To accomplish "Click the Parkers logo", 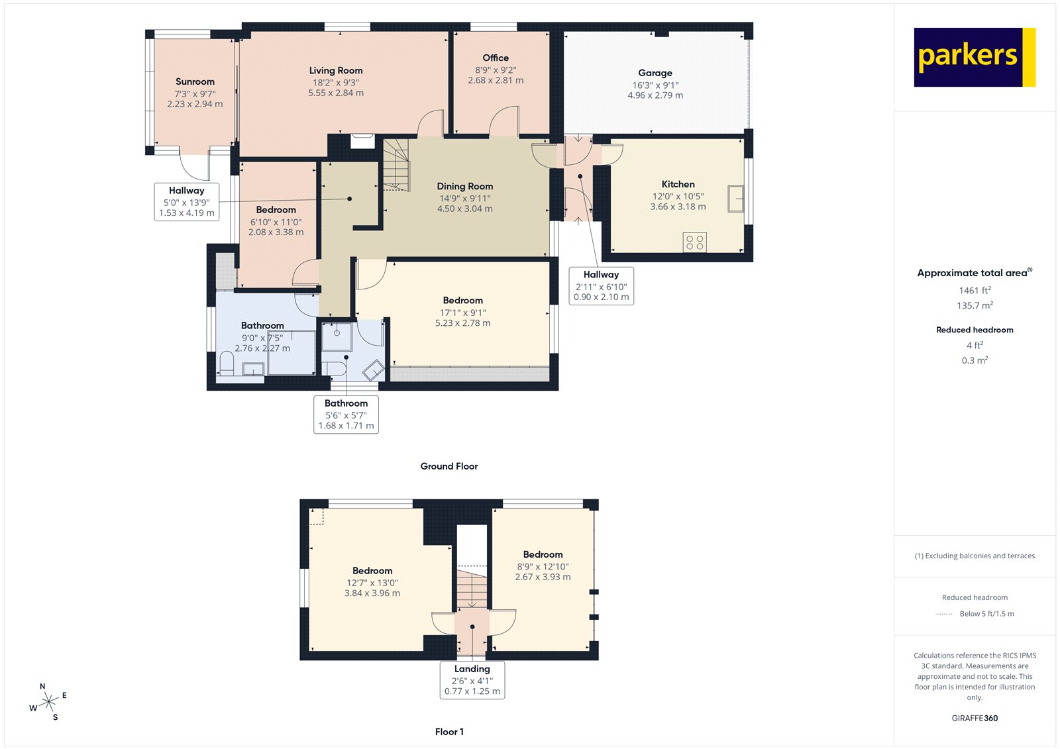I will point(974,57).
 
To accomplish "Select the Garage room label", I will point(655,73).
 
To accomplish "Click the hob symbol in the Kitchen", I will point(695,242).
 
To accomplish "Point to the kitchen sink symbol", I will point(735,199).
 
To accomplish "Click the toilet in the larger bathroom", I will point(227,364).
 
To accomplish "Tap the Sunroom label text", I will point(195,81).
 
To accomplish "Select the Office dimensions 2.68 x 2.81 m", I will point(496,80).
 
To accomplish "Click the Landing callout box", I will point(472,679).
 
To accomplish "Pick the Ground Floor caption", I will point(449,466).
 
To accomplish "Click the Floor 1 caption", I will point(449,732).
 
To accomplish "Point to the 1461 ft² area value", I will point(975,290).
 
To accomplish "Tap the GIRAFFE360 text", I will point(975,718).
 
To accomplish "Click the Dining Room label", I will point(464,186).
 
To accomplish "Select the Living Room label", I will point(336,70).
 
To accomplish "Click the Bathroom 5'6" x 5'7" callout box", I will point(346,414).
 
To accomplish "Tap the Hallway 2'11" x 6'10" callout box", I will point(601,285).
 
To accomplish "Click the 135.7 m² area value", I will point(975,305).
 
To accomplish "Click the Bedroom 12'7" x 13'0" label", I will point(372,571).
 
